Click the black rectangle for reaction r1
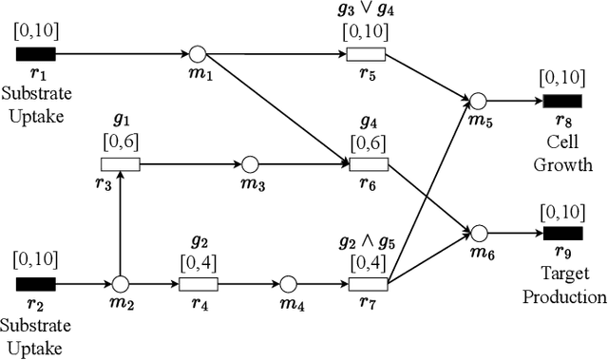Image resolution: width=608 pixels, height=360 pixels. tap(35, 53)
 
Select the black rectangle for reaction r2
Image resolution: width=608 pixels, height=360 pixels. tap(35, 283)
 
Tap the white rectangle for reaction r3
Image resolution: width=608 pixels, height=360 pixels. tap(120, 164)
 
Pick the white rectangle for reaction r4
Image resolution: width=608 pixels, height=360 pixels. tap(198, 284)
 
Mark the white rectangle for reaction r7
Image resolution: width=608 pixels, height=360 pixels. tap(368, 284)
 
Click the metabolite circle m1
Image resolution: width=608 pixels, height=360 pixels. tap(197, 53)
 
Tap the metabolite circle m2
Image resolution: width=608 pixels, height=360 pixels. tap(120, 283)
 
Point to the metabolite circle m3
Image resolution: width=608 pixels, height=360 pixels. tap(250, 164)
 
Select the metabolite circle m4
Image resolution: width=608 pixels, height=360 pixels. tap(288, 284)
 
